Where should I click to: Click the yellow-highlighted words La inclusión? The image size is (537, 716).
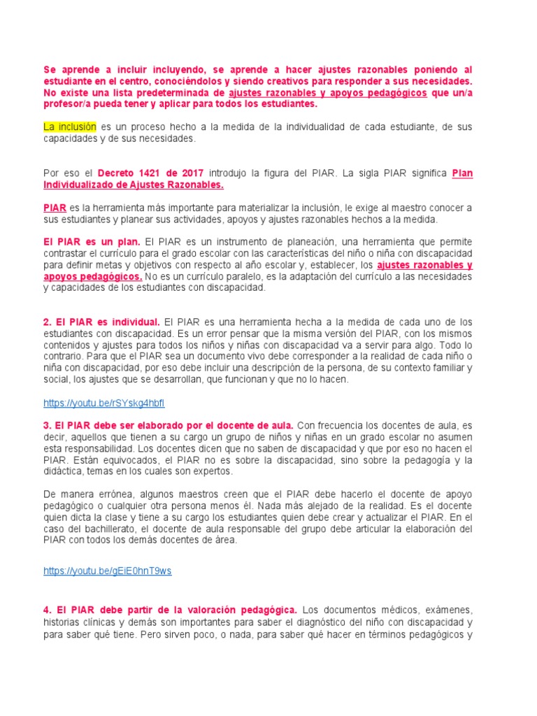click(x=69, y=127)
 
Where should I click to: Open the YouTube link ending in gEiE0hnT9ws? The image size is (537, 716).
click(x=107, y=571)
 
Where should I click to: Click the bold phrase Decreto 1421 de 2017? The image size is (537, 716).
click(x=150, y=173)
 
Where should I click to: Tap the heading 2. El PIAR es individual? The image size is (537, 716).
click(x=101, y=322)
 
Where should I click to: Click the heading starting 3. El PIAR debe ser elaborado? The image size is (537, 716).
click(x=169, y=425)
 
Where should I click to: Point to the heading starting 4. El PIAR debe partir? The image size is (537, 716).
click(x=171, y=610)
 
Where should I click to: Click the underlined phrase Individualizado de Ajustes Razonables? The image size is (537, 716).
click(x=134, y=185)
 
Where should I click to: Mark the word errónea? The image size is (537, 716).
click(x=118, y=494)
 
